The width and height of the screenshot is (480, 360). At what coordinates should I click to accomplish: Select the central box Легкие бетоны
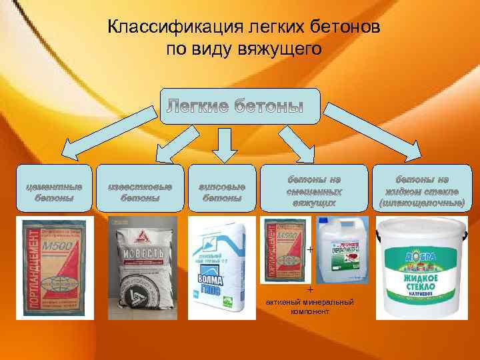pyautogui.click(x=240, y=106)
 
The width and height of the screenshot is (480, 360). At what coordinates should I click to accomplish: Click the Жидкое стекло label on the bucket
pyautogui.click(x=419, y=277)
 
